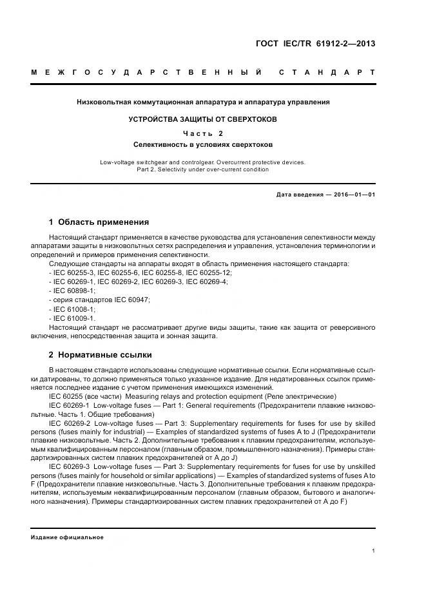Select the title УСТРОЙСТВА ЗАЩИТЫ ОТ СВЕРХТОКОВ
203,119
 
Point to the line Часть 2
203,133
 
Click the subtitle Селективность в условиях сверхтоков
203,145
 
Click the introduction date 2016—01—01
354,194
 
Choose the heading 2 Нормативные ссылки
101,354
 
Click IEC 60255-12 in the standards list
207,273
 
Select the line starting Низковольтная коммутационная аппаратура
203,102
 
